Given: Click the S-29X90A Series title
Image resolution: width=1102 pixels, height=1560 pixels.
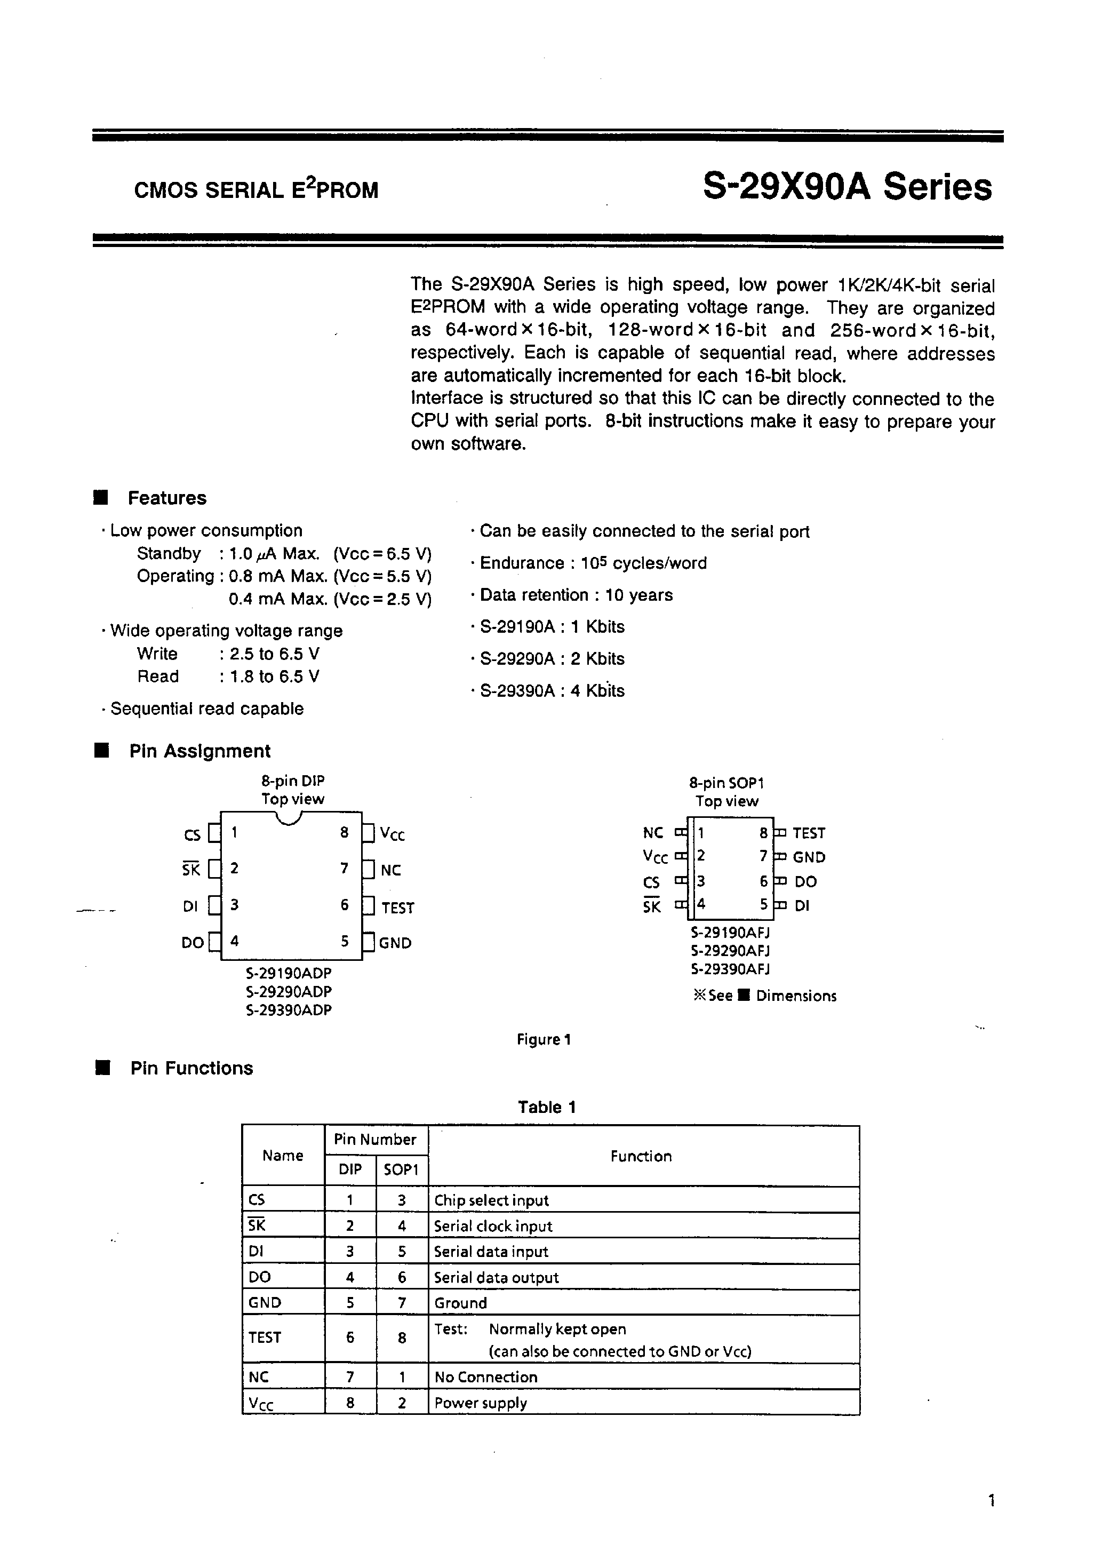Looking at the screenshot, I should pyautogui.click(x=847, y=187).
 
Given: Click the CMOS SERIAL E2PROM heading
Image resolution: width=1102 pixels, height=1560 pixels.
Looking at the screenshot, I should pyautogui.click(x=256, y=189).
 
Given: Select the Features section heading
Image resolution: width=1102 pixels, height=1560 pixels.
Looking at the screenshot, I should pyautogui.click(x=166, y=498).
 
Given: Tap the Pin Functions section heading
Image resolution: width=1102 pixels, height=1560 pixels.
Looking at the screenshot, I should pyautogui.click(x=191, y=1068).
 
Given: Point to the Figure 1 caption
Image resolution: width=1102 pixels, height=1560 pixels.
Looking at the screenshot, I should pyautogui.click(x=544, y=1039).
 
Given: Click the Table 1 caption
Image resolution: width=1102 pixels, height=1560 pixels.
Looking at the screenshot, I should pyautogui.click(x=546, y=1107).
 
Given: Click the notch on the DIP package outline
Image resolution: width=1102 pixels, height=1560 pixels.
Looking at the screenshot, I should pyautogui.click(x=291, y=819).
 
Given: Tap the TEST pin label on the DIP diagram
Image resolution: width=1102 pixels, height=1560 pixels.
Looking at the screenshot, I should pyautogui.click(x=397, y=908).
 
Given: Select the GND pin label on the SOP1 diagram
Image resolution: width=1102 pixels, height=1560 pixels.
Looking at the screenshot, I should pyautogui.click(x=809, y=857).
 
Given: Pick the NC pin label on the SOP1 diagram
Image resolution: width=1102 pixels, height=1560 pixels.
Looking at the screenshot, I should pyautogui.click(x=652, y=833).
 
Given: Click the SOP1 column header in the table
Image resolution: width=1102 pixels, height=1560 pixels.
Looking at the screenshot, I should pyautogui.click(x=402, y=1169).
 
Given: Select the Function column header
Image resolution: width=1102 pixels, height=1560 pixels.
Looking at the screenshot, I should pyautogui.click(x=641, y=1156).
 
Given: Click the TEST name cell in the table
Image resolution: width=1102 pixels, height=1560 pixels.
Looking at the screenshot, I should pyautogui.click(x=265, y=1337).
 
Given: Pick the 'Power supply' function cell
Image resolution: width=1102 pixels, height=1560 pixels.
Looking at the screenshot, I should pyautogui.click(x=481, y=1403).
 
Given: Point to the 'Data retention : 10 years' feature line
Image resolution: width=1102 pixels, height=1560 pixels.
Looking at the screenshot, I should pyautogui.click(x=576, y=595).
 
